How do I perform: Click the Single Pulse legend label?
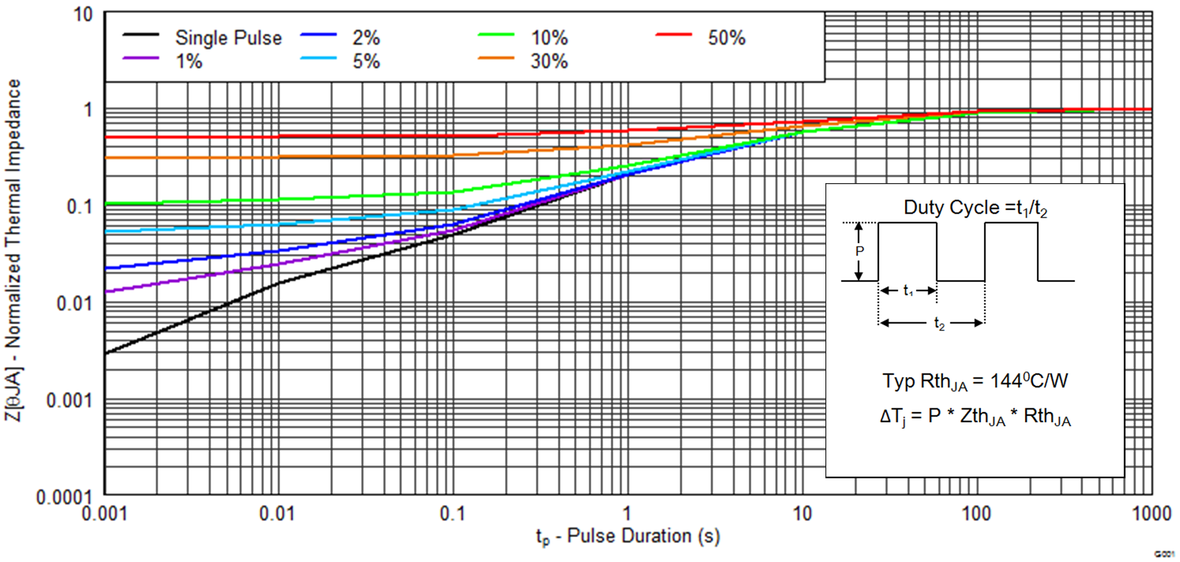click(x=228, y=38)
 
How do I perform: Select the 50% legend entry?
click(x=726, y=38)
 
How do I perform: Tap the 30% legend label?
click(x=549, y=62)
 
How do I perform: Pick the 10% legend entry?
click(x=549, y=38)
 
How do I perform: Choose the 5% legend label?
click(x=366, y=62)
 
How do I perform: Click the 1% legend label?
click(x=189, y=62)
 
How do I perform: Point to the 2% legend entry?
click(x=366, y=38)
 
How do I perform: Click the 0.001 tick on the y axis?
click(x=69, y=401)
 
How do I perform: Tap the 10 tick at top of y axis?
click(x=83, y=15)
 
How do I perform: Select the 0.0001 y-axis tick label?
click(x=64, y=497)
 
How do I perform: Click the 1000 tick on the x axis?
click(x=1151, y=513)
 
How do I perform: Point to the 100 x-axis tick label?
click(x=976, y=513)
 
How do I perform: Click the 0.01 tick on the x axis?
click(x=277, y=513)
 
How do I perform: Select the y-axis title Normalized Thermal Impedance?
click(x=13, y=250)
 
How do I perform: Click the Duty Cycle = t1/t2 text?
click(x=975, y=208)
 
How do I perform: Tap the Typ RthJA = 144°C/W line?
click(x=975, y=382)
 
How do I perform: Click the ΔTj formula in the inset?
click(x=975, y=417)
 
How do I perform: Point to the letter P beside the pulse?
click(x=859, y=251)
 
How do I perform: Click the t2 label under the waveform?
click(x=939, y=324)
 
